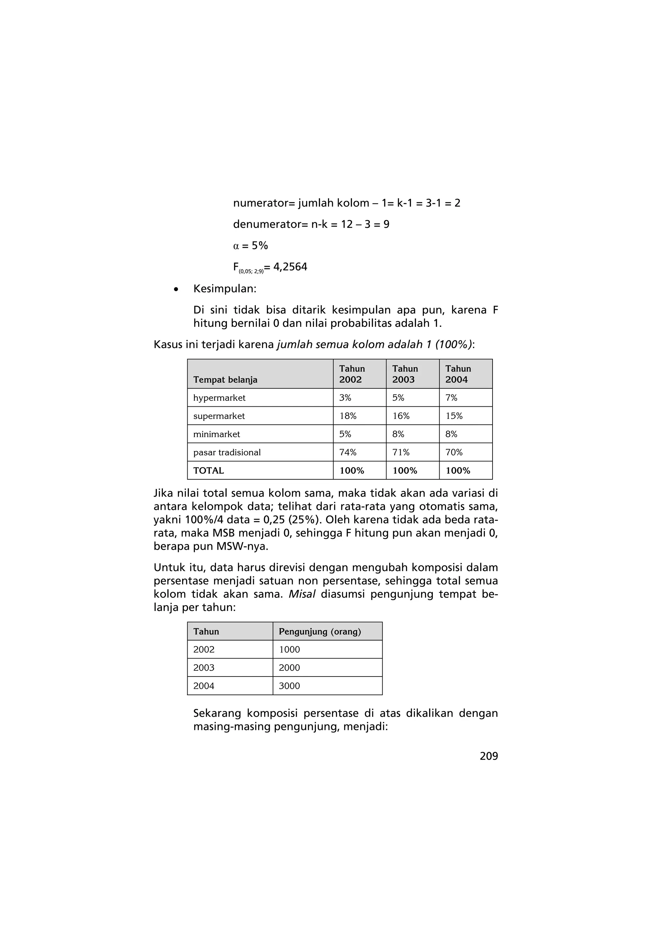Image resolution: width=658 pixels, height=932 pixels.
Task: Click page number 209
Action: click(x=489, y=756)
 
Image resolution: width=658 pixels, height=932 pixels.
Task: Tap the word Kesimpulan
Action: click(x=224, y=289)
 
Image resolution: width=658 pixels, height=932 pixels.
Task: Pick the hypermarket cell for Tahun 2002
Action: click(x=345, y=398)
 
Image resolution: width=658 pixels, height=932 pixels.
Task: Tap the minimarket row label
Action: click(x=217, y=434)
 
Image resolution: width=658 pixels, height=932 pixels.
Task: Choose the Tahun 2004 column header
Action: click(x=458, y=374)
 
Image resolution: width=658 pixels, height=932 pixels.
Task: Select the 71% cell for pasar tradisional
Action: click(x=401, y=452)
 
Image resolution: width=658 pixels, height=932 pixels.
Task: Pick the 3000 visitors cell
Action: click(x=289, y=686)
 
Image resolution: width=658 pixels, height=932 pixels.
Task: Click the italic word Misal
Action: click(x=302, y=594)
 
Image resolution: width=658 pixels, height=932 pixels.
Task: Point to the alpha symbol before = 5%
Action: click(x=236, y=246)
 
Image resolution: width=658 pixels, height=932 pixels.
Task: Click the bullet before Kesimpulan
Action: click(x=175, y=290)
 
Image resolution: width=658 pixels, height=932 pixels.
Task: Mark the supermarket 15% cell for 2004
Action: click(x=454, y=416)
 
